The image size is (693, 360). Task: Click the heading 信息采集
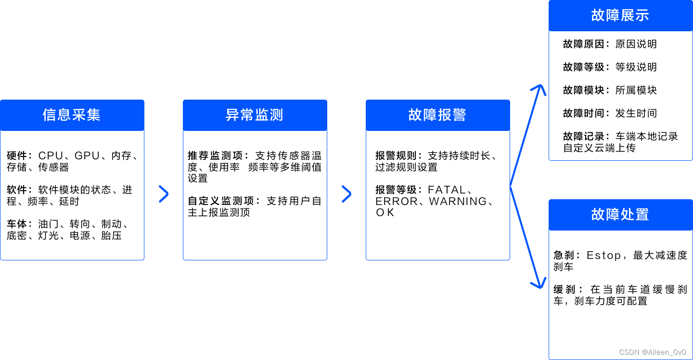click(72, 115)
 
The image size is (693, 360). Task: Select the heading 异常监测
click(255, 115)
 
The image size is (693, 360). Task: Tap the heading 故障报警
click(437, 115)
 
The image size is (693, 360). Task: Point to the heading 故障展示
click(620, 15)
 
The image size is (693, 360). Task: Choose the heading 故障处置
click(620, 215)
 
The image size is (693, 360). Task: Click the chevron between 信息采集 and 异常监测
click(164, 194)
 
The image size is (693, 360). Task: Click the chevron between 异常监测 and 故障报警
click(346, 194)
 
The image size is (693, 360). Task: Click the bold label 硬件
click(17, 156)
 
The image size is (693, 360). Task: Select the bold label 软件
click(17, 190)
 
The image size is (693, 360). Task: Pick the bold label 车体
click(17, 224)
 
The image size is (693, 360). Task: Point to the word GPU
click(87, 156)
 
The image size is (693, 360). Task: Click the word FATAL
click(447, 190)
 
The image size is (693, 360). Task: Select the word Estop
click(604, 256)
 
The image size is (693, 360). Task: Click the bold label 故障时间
click(583, 114)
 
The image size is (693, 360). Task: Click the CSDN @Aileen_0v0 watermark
click(652, 352)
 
